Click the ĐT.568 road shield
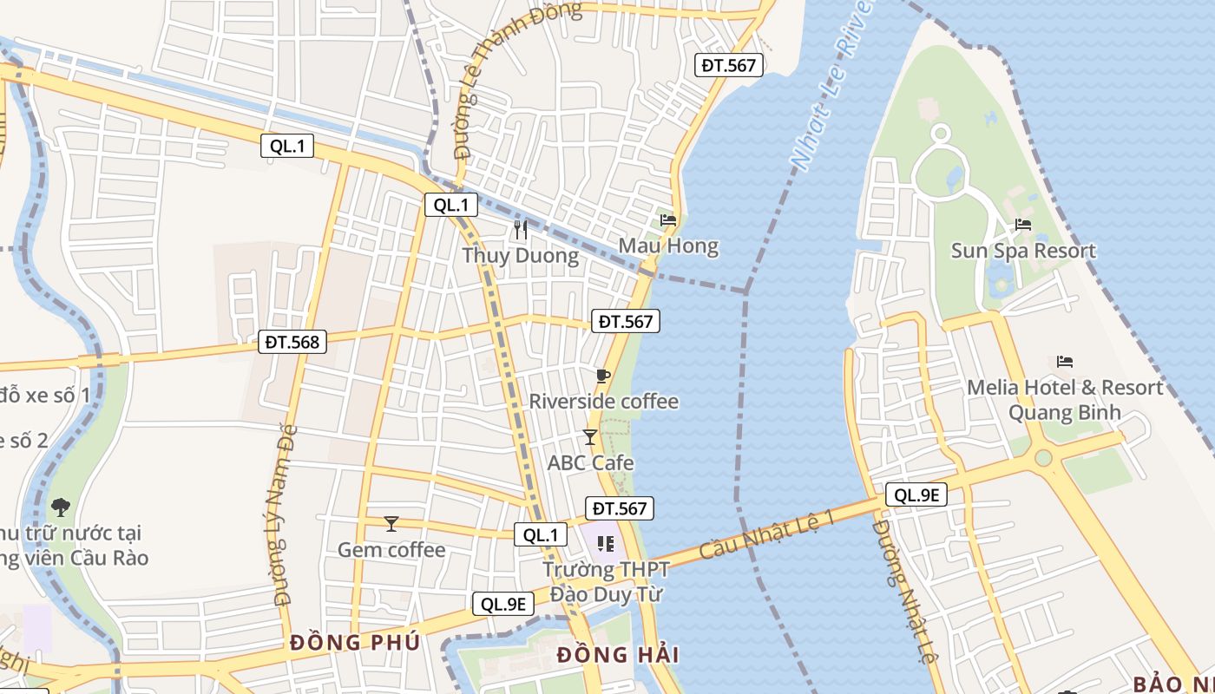[x=293, y=343]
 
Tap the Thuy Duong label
[x=520, y=256]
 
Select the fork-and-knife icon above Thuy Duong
[x=521, y=230]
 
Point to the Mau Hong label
[x=668, y=246]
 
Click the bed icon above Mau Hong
[x=668, y=220]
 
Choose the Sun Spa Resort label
[x=1023, y=251]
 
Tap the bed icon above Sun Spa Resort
[x=1023, y=225]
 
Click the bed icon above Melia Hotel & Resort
[x=1065, y=361]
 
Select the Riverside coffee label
[x=604, y=402]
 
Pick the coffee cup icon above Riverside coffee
[x=603, y=376]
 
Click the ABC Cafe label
[x=590, y=462]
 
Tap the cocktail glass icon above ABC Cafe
[x=590, y=437]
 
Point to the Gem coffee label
[x=391, y=549]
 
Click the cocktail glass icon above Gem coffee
[x=391, y=523]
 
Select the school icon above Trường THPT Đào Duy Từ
[x=606, y=544]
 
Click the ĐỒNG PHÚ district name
[x=355, y=643]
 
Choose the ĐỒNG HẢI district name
[x=618, y=655]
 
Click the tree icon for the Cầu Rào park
[x=61, y=507]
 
